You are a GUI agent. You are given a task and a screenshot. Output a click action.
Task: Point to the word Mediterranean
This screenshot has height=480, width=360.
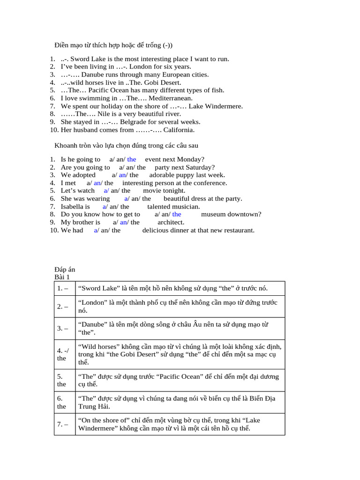(x=170, y=98)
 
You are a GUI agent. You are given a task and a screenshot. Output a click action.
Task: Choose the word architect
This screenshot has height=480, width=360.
(x=171, y=222)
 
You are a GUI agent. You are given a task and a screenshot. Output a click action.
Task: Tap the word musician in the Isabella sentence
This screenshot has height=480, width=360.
(x=186, y=206)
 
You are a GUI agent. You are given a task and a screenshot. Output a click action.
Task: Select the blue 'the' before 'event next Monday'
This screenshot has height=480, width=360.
(x=131, y=159)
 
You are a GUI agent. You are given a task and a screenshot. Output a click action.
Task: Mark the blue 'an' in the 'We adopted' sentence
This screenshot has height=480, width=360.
(x=123, y=175)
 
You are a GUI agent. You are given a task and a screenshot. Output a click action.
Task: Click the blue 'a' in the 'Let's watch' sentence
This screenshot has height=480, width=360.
(x=105, y=191)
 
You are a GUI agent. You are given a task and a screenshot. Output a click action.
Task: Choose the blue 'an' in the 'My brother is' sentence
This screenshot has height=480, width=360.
(x=124, y=222)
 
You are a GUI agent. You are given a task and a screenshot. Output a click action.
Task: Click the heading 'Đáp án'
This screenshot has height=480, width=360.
(x=65, y=270)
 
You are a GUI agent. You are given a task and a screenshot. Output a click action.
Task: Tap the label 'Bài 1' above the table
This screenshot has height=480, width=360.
(x=62, y=277)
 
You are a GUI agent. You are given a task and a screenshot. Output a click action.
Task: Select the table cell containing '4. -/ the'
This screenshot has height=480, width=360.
(x=65, y=354)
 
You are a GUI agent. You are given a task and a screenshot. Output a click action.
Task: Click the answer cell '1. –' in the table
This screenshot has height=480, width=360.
(x=65, y=288)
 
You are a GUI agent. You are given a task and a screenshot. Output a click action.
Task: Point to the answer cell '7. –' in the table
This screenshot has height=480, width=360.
(x=65, y=424)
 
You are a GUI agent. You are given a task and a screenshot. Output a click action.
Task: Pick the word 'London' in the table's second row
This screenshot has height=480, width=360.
(x=92, y=303)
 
